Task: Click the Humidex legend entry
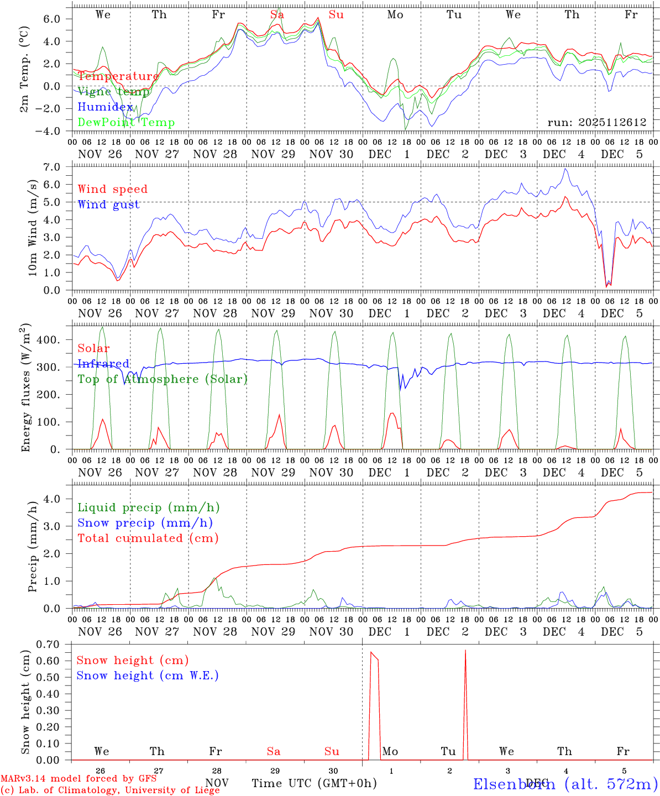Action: (105, 107)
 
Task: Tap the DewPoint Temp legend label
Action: (126, 123)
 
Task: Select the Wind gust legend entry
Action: (109, 205)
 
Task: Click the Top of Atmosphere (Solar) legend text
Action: (163, 379)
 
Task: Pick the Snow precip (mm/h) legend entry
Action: (145, 523)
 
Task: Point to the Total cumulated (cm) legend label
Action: (148, 538)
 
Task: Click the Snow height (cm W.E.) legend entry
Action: (148, 675)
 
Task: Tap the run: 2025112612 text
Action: (597, 123)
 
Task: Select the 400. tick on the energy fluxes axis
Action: (48, 340)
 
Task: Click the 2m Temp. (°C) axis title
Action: (24, 70)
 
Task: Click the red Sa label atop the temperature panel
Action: (277, 15)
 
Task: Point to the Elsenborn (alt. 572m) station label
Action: (565, 784)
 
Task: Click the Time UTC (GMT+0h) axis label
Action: (315, 783)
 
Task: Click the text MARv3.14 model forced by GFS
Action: (78, 778)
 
